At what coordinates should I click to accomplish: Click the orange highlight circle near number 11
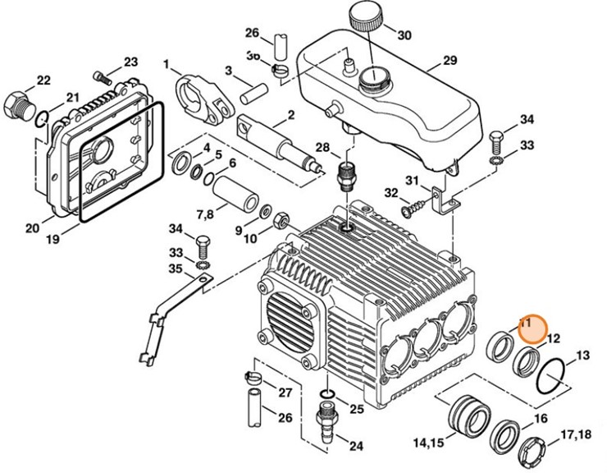point(531,328)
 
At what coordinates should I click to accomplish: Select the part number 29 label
point(449,61)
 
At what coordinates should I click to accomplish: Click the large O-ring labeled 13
point(548,376)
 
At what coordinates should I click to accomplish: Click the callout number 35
point(176,269)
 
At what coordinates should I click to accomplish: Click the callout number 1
point(167,64)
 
